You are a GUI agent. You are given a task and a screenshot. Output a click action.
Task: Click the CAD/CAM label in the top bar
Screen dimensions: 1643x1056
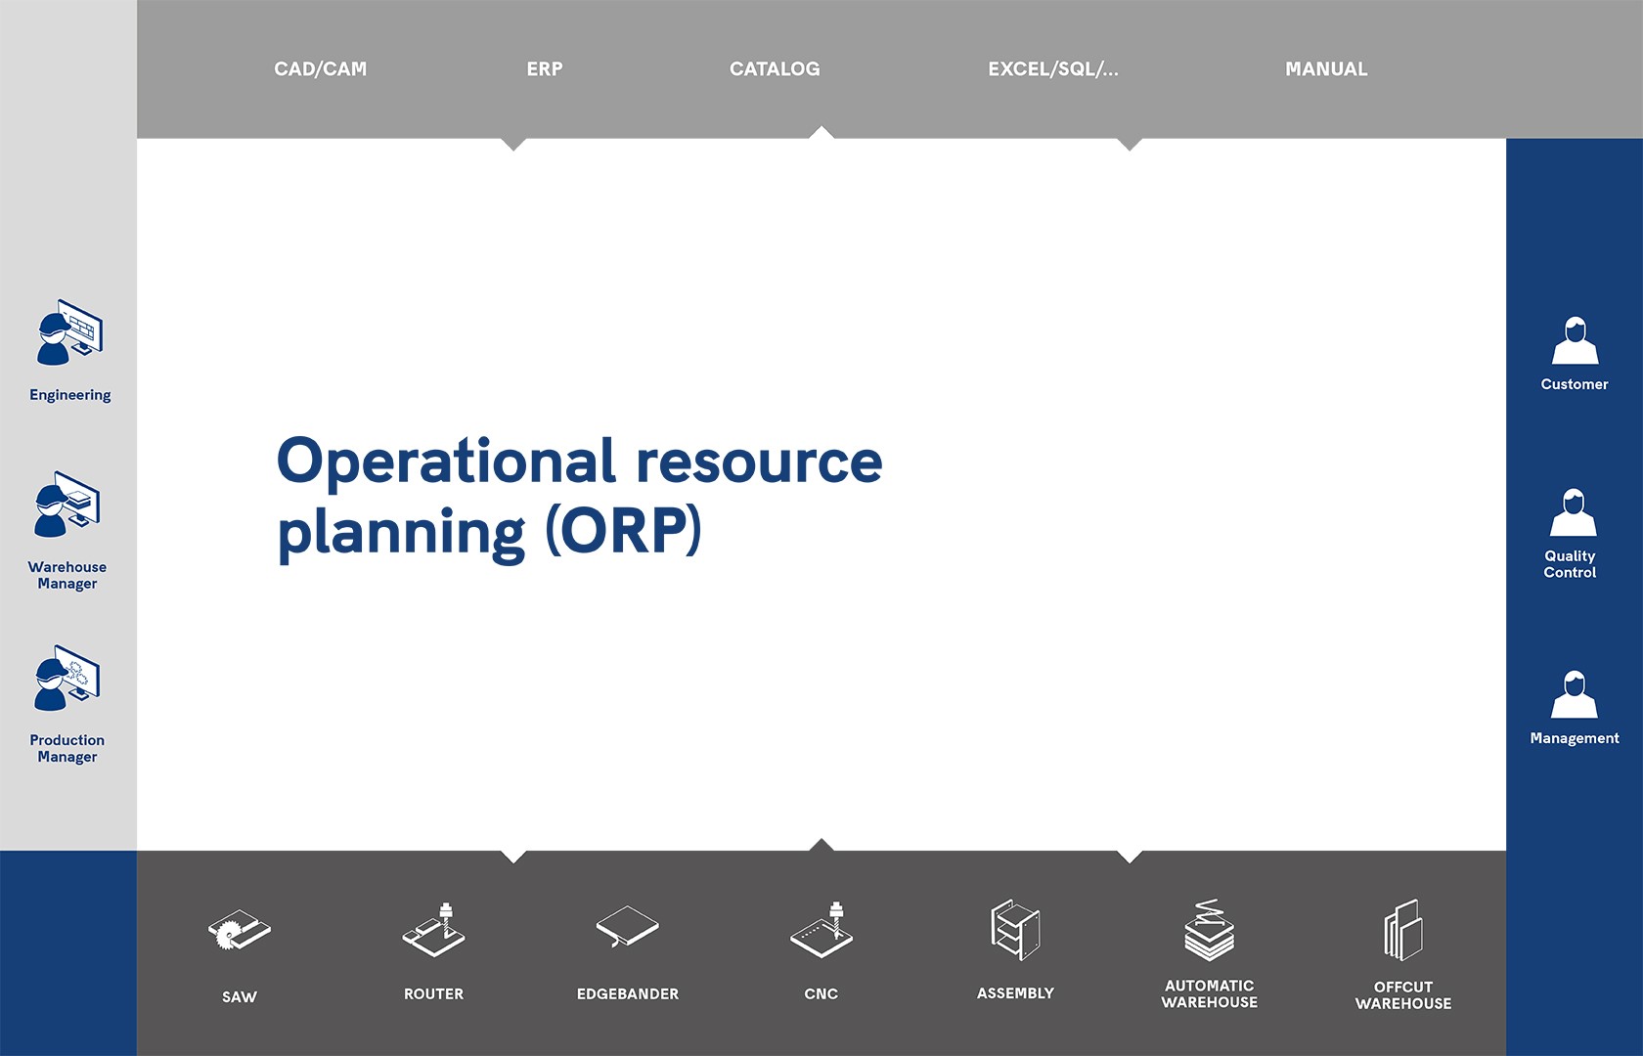(321, 68)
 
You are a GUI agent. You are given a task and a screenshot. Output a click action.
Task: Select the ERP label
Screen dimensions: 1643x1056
(544, 68)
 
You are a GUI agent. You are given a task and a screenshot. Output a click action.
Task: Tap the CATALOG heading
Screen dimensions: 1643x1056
(775, 68)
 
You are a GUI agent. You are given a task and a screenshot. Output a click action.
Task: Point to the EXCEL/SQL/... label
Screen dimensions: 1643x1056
(1053, 68)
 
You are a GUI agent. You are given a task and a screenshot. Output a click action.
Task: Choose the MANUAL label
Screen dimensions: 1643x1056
(1326, 68)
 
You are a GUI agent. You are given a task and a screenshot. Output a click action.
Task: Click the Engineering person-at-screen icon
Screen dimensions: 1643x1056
(69, 332)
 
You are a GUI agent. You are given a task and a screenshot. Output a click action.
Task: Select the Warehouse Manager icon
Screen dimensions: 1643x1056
(67, 505)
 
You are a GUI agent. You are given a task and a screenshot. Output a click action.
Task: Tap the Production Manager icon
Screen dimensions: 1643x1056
(67, 679)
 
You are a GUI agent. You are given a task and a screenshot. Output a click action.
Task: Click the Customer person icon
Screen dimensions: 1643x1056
(1575, 341)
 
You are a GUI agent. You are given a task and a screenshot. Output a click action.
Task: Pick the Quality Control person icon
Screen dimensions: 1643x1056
(1574, 512)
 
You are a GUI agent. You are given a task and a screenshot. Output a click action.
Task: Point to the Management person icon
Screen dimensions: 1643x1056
(1575, 694)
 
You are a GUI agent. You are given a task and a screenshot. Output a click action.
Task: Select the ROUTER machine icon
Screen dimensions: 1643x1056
(433, 930)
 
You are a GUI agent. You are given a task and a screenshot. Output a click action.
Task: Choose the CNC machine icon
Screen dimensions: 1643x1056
(821, 930)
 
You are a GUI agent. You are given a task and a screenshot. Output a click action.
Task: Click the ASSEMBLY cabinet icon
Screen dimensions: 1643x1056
(1015, 930)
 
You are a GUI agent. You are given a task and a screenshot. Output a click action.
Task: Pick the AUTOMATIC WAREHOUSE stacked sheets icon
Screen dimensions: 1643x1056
(1210, 930)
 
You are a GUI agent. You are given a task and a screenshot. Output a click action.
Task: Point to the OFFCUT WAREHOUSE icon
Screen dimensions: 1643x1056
(1403, 930)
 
